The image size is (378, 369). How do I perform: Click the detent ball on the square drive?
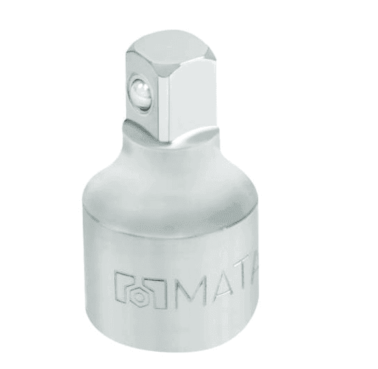[x=140, y=95]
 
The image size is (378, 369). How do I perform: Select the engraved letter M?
[x=191, y=293]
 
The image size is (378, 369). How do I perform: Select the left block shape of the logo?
[x=126, y=285]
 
